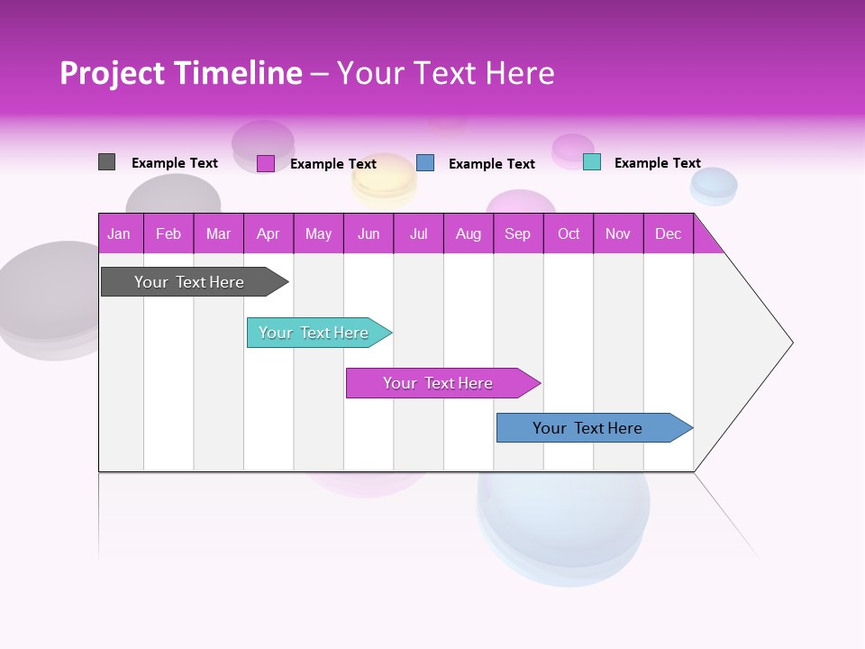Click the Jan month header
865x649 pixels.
[x=120, y=233]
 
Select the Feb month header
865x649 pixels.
[x=168, y=233]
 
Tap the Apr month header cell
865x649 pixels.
[x=269, y=233]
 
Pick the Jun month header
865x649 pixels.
[x=369, y=233]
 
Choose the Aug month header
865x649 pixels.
[x=469, y=233]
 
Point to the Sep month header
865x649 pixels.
[x=518, y=233]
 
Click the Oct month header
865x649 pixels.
[x=569, y=233]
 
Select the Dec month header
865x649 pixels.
[x=669, y=233]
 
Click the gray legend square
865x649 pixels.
[x=106, y=162]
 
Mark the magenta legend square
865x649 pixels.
[x=266, y=163]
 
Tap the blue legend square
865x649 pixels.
[x=425, y=162]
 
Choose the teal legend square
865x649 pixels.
[x=592, y=162]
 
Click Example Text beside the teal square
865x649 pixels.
[x=657, y=163]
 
